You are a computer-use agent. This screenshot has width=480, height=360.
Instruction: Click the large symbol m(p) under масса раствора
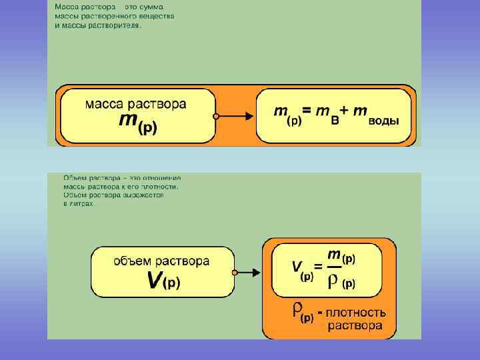[138, 123]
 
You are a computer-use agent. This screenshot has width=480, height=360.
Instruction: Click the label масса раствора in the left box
[135, 104]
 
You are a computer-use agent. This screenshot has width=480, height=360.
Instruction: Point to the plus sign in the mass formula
[346, 112]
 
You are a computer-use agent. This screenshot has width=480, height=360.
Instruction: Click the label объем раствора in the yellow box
[161, 261]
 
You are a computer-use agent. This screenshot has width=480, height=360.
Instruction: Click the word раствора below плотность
[355, 326]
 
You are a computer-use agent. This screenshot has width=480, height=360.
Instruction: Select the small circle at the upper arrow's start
[215, 116]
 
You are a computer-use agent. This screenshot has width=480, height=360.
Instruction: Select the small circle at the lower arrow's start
[235, 272]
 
